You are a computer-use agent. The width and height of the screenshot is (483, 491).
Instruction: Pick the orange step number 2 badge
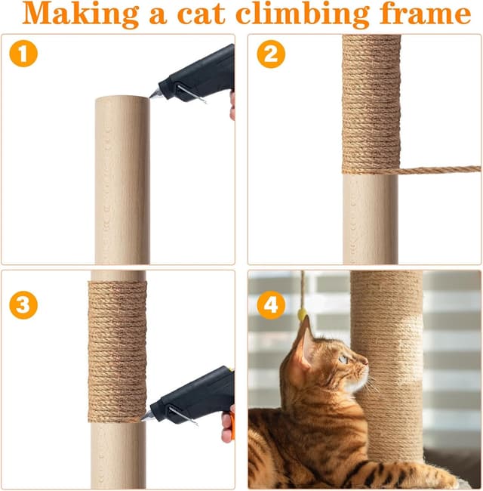click(x=270, y=54)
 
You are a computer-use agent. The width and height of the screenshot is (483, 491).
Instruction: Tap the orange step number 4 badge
click(x=270, y=304)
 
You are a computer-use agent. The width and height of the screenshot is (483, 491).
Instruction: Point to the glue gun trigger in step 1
click(x=189, y=94)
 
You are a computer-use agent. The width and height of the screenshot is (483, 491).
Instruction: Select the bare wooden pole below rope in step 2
click(x=370, y=219)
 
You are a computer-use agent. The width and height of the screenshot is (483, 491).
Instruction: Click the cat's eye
click(x=343, y=360)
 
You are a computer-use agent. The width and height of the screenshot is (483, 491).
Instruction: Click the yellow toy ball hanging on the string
click(x=302, y=313)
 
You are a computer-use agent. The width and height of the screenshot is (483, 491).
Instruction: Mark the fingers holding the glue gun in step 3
click(x=227, y=427)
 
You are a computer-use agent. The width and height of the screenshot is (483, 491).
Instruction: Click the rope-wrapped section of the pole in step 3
click(x=117, y=347)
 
